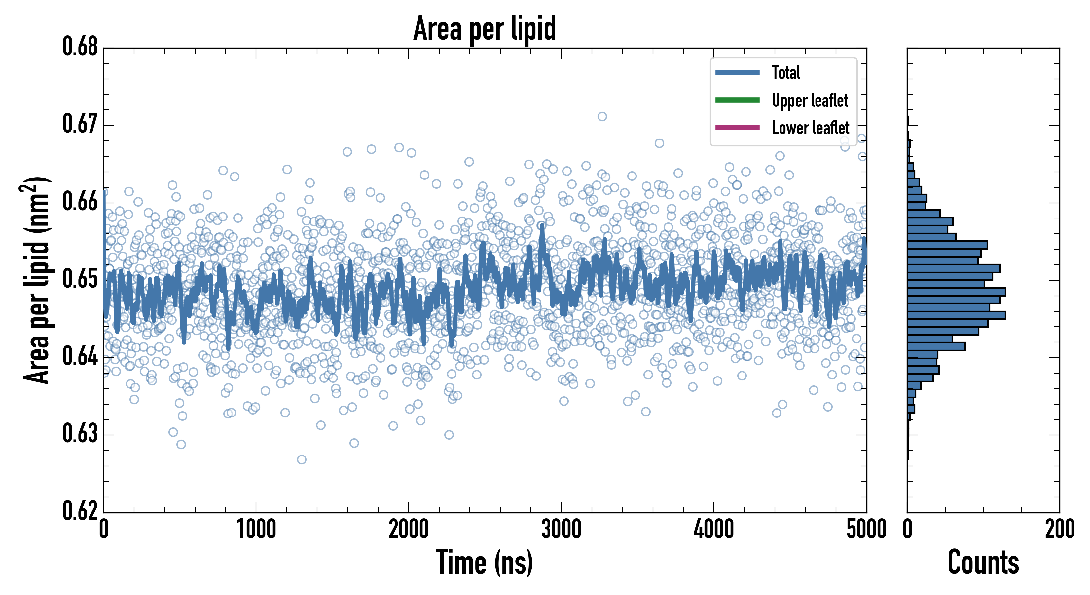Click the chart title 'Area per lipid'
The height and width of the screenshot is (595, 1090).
pos(485,28)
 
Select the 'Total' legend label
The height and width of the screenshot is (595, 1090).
pos(786,72)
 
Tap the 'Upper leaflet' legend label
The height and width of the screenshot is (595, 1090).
pos(810,100)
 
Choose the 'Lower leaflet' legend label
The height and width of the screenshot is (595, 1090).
pos(810,128)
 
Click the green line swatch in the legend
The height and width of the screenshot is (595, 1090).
pos(737,100)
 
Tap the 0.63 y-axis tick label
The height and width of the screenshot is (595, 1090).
pos(80,434)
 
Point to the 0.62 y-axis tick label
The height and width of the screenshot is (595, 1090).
pos(80,511)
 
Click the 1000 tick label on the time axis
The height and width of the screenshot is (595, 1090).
pos(256,529)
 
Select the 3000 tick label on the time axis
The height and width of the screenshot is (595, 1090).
pos(561,529)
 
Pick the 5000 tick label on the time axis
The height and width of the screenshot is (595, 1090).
pos(866,529)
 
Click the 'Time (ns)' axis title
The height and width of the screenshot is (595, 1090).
pos(485,562)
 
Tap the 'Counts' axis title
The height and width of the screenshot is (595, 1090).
pos(983,562)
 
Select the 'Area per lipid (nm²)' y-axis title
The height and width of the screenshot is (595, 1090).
pos(36,280)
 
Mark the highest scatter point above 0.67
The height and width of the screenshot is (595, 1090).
pos(602,116)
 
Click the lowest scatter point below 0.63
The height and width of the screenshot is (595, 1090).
pos(301,459)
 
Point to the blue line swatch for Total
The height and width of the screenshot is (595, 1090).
pos(737,72)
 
